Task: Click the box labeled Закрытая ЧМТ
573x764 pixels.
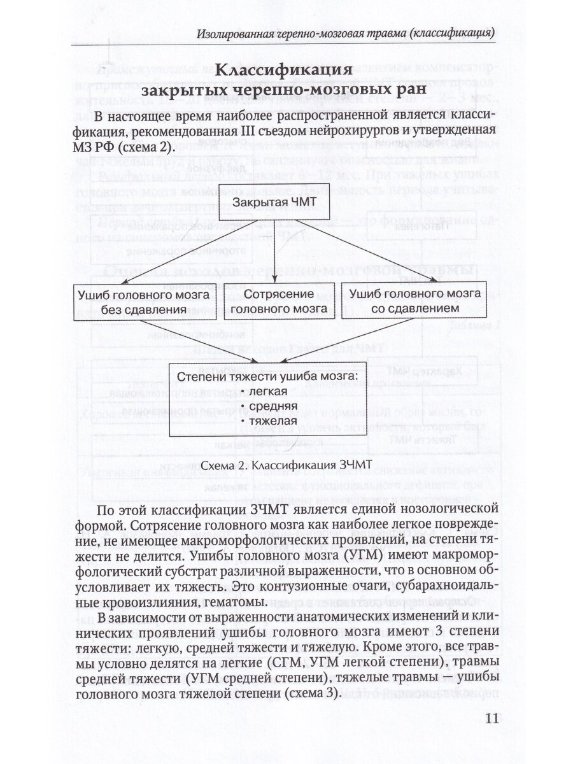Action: [x=274, y=202]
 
